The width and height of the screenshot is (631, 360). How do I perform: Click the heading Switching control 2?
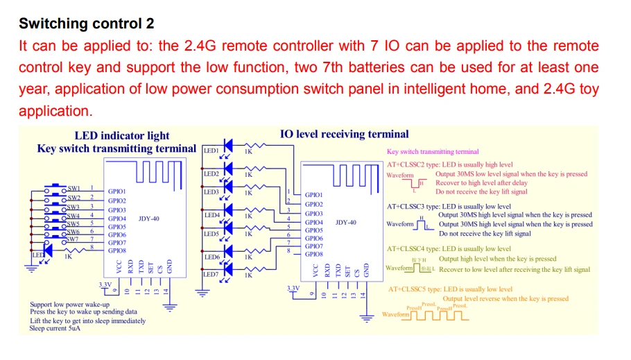point(87,24)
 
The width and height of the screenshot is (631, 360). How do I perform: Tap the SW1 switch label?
point(74,188)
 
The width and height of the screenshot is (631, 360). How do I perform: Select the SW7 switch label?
point(73,239)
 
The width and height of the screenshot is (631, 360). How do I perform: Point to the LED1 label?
point(211,151)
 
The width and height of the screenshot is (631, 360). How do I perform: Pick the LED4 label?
point(211,215)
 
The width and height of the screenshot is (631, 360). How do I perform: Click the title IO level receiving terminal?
point(344,134)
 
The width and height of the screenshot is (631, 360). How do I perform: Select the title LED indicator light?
point(121,135)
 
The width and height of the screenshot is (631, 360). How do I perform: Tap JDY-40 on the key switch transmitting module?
point(148,218)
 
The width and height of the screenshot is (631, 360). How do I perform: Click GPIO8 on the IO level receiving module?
point(314,255)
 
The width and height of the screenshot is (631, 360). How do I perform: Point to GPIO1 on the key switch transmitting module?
point(116,191)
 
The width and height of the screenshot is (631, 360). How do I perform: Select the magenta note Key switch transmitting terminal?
point(432,151)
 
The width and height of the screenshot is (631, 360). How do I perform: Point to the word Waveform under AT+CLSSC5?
point(396,315)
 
